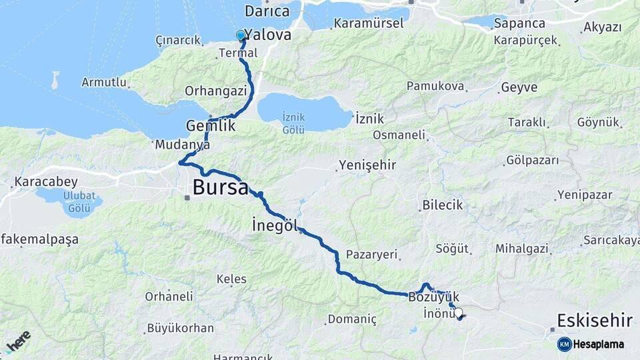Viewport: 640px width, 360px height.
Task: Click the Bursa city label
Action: (220, 187)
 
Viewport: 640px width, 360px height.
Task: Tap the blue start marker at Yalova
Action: (241, 35)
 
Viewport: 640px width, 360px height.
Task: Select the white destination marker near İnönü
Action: (458, 311)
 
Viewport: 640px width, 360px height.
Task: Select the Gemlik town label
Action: (211, 125)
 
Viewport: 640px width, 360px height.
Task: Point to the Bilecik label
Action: (442, 205)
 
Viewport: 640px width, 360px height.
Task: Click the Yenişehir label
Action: (367, 165)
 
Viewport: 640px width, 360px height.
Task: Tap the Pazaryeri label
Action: (371, 254)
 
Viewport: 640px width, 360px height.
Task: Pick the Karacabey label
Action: (46, 181)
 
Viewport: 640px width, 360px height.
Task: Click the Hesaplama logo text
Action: (599, 344)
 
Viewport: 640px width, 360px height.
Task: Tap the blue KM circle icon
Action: (564, 344)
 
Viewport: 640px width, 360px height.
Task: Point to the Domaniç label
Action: (352, 319)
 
